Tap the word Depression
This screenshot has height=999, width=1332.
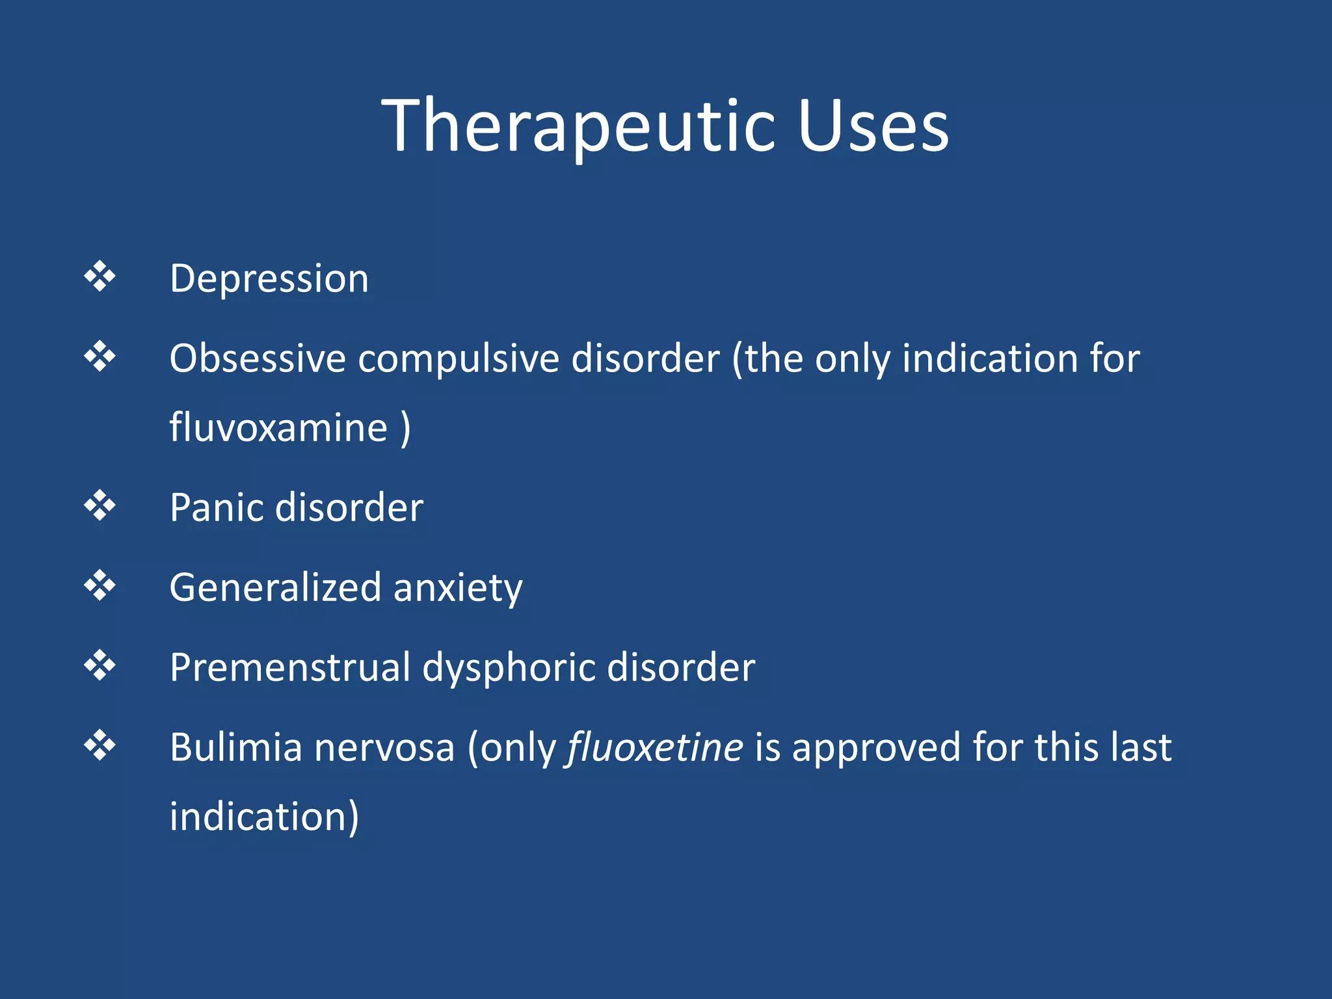[x=269, y=278]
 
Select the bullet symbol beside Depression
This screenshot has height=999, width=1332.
[x=100, y=276]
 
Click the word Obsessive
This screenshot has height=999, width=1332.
[x=257, y=358]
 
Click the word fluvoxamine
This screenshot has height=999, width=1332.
[x=278, y=427]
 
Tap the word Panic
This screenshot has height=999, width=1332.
[x=216, y=507]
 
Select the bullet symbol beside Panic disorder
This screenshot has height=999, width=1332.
[x=100, y=505]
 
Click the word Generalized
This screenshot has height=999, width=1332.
[x=275, y=587]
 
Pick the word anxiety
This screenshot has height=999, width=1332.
[x=458, y=587]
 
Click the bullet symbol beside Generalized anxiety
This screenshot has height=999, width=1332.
[x=100, y=585]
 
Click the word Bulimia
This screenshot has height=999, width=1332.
[x=236, y=747]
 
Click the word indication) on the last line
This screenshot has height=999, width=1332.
[x=264, y=816]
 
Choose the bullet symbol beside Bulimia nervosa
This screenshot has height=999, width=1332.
[x=100, y=745]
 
